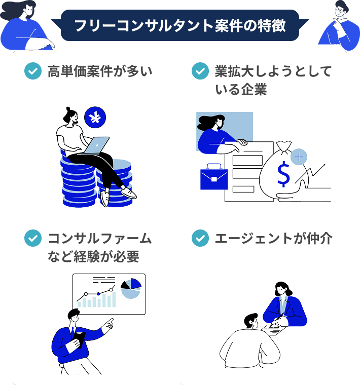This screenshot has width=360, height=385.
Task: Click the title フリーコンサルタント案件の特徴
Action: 179,25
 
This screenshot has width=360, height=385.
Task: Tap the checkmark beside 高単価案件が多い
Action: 33,71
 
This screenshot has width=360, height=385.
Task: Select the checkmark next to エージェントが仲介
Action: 200,238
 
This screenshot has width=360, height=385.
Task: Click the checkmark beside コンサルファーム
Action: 33,238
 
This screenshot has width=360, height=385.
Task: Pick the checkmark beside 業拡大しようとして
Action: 200,71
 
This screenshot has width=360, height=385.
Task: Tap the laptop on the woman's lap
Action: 97,145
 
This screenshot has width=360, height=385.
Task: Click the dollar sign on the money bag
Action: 283,174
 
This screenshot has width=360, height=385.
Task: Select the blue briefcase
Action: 213,178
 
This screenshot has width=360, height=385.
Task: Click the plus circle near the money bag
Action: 300,158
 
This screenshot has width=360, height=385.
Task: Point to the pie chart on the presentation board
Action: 131,288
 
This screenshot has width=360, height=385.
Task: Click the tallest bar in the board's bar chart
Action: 113,299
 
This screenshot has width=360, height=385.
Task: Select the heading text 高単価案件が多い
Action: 99,71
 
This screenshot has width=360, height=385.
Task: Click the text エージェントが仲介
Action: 273,238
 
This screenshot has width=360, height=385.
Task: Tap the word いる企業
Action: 240,90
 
